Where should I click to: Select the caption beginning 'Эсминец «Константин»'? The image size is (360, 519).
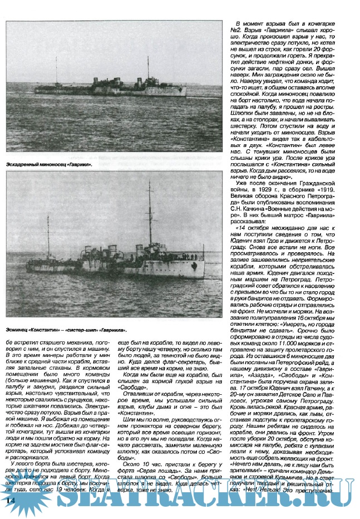[x=70, y=330]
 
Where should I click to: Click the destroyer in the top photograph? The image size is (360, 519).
[x=111, y=85]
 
